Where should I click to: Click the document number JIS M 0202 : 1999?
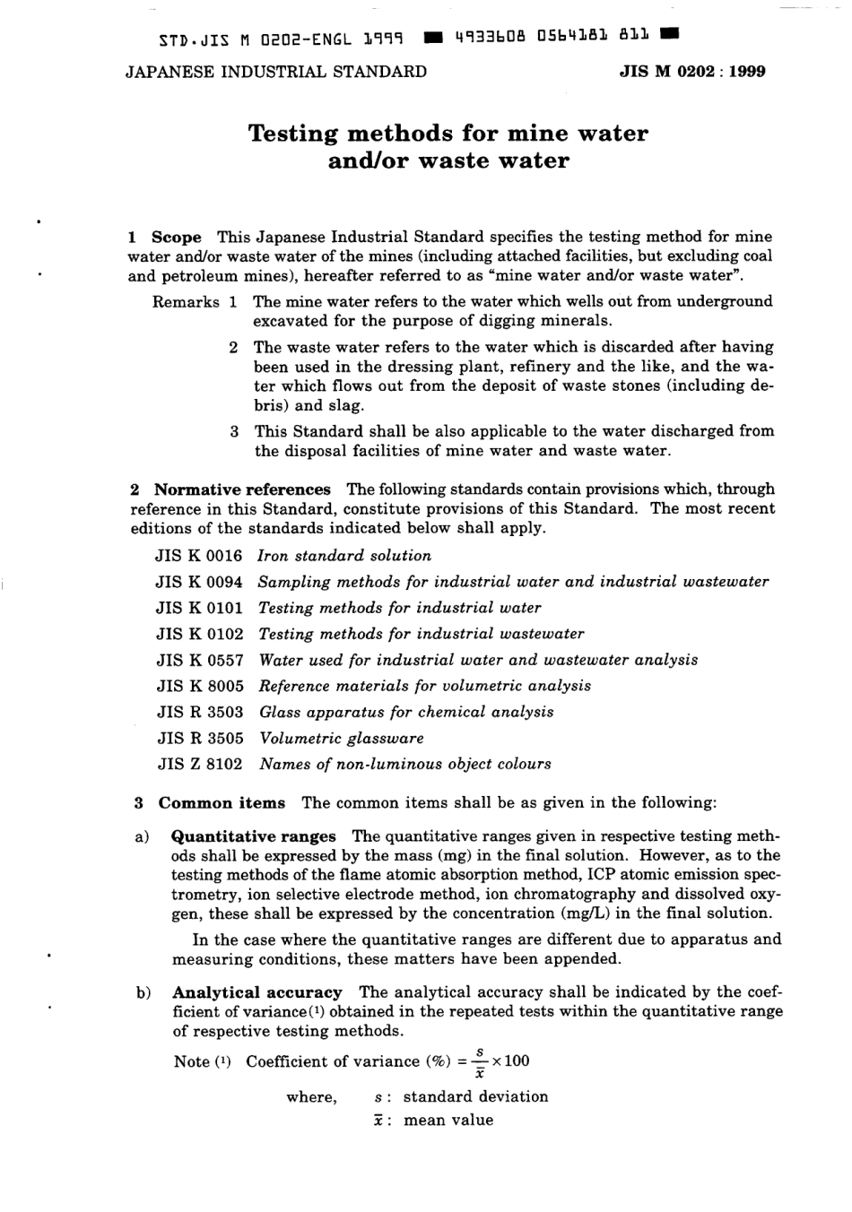click(x=692, y=72)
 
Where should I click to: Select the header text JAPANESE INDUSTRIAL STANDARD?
click(x=276, y=72)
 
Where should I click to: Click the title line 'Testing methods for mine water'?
click(x=448, y=134)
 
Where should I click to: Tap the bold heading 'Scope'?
click(x=176, y=238)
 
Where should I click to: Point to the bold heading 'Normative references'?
click(x=242, y=489)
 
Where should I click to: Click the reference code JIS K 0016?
click(x=199, y=556)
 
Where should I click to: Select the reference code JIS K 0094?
click(x=199, y=582)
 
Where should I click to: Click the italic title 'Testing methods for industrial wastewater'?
click(x=421, y=634)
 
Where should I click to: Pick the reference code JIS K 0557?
click(x=200, y=660)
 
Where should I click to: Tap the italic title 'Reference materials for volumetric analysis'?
click(x=425, y=686)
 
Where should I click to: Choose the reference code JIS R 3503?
click(x=200, y=712)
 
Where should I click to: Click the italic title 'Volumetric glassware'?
click(x=341, y=739)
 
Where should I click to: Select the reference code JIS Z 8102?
click(x=200, y=765)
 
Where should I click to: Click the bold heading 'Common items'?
click(x=222, y=803)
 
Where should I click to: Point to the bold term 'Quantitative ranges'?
click(x=254, y=837)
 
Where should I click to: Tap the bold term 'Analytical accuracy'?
click(x=256, y=992)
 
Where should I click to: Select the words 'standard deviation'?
click(x=475, y=1096)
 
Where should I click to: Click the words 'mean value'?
click(x=448, y=1120)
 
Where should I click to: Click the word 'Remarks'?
click(x=186, y=302)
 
